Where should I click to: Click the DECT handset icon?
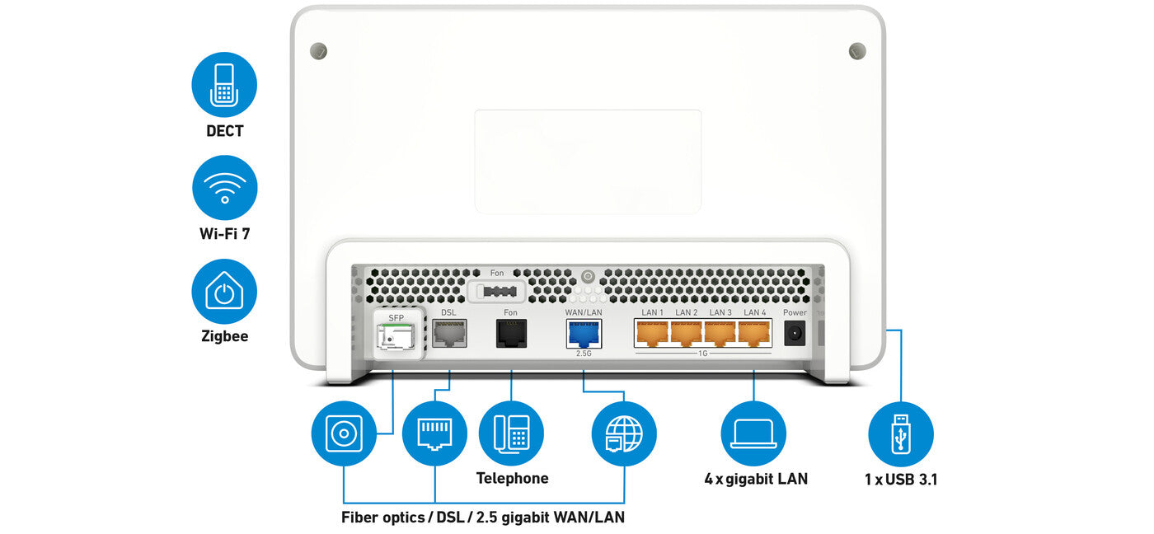pos(224,84)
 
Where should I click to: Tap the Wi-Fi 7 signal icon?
pos(224,188)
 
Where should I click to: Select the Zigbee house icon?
pos(224,291)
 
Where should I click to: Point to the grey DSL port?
pos(449,333)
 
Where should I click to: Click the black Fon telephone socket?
pos(511,333)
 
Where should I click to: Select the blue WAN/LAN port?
pos(584,333)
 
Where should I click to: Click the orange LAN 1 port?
pos(652,333)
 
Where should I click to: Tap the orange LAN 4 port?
pos(754,333)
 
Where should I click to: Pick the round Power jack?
pos(795,333)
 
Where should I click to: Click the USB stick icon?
pos(900,434)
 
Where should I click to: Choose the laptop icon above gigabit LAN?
pos(753,434)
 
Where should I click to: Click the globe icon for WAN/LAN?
pos(624,434)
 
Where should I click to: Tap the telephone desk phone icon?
pos(511,434)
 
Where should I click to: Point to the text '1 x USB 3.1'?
pos(901,479)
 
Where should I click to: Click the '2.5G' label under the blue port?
pos(584,353)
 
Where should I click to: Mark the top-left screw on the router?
pos(318,51)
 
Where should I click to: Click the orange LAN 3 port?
pos(720,333)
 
